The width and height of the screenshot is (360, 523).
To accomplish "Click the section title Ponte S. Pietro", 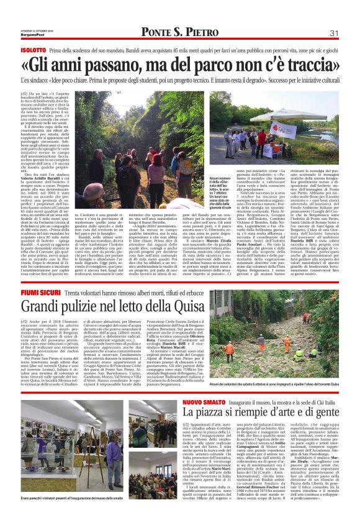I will tap(179, 32).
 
